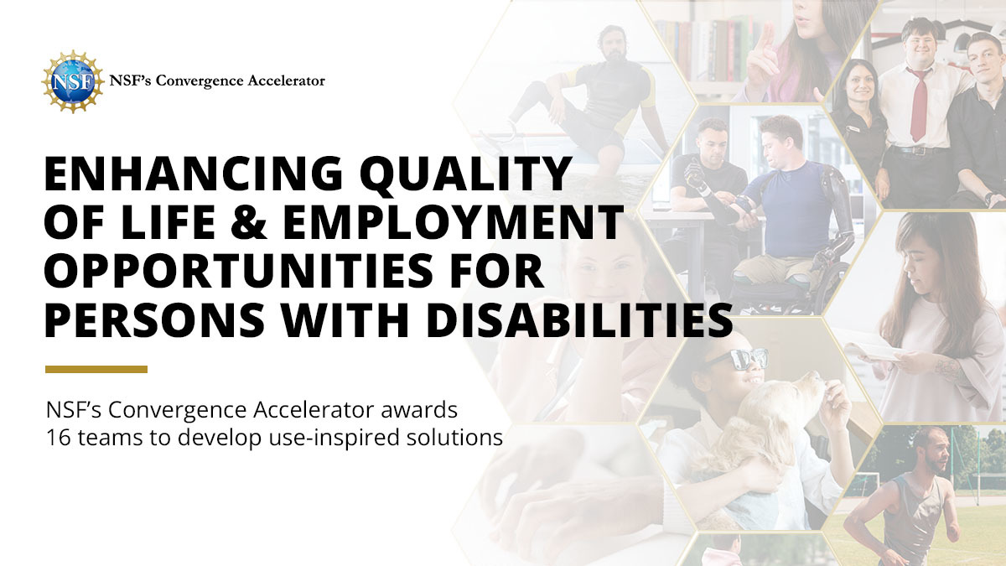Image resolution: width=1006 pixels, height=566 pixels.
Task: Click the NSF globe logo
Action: pos(72,81)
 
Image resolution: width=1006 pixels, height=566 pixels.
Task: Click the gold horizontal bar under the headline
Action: pos(96,369)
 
